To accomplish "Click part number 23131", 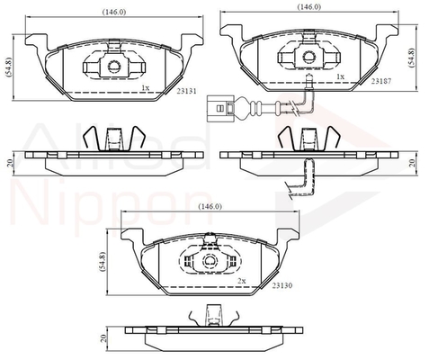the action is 186,91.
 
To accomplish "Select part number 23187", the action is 381,81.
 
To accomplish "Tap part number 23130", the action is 282,285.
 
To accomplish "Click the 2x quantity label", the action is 242,281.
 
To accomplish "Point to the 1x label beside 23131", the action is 145,87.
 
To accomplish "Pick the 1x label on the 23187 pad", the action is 340,76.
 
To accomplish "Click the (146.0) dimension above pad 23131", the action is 114,12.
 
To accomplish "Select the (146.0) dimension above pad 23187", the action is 308,7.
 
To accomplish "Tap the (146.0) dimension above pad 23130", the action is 210,206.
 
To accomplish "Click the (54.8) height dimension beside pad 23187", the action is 412,58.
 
